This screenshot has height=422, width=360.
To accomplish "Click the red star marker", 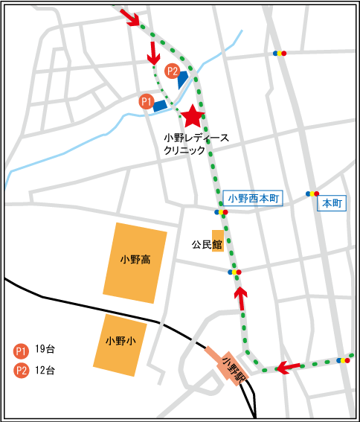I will (193, 115).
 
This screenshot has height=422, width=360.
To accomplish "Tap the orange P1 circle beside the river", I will (147, 101).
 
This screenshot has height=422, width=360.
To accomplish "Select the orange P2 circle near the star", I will (173, 71).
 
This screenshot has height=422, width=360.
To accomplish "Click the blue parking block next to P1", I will (160, 106).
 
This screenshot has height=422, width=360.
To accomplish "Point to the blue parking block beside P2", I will (183, 77).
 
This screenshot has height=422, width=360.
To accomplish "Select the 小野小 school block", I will (119, 344).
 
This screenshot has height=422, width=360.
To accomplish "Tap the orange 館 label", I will (217, 243).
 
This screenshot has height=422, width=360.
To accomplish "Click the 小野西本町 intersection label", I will (254, 199).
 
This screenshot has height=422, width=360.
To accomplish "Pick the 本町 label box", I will (332, 202).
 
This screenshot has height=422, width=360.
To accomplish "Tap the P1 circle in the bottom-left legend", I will (21, 351).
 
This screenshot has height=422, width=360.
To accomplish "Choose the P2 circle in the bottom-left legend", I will (21, 370).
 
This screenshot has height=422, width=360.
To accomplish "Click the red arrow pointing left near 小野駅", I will (288, 367).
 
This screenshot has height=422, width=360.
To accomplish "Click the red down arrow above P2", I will (152, 52).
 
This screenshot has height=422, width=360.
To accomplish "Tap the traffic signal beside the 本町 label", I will (312, 194).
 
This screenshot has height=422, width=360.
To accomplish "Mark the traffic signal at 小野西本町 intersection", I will (221, 212).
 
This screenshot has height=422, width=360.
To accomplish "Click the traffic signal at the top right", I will (278, 54).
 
